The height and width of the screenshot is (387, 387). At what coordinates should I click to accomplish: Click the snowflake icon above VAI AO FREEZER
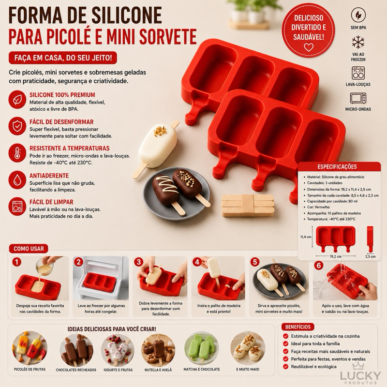point(358,42)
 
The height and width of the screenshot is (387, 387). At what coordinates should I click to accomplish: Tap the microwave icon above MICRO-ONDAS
point(358,98)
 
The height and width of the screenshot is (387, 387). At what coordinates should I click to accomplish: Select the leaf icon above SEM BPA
point(358,15)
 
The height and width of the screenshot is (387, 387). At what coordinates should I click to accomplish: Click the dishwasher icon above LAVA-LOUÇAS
point(358,73)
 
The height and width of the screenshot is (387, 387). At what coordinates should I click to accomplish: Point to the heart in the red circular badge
point(309,47)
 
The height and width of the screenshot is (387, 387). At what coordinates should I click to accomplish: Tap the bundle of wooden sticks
point(248,205)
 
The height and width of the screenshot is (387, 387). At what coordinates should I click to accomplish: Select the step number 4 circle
point(197,262)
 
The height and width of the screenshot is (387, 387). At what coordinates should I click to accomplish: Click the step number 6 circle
point(319,265)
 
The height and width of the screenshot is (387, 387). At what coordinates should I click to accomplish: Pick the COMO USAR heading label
point(29,249)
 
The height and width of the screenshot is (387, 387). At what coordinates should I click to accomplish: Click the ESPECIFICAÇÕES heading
point(337,167)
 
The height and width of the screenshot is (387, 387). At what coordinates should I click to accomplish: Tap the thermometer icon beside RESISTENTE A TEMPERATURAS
point(17,153)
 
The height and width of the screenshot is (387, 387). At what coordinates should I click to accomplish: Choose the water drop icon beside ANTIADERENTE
point(17,179)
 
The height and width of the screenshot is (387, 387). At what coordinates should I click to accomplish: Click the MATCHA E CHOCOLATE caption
point(202,369)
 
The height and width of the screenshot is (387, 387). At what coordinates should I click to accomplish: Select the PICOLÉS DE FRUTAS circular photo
point(30,348)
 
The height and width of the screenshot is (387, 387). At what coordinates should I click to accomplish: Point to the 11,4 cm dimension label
point(306,237)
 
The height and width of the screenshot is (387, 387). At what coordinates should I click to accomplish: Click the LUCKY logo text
point(360,376)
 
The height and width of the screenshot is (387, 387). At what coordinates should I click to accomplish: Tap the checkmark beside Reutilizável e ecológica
point(286,367)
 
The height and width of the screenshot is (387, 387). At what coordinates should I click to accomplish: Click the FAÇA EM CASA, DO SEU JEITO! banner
point(63,58)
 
